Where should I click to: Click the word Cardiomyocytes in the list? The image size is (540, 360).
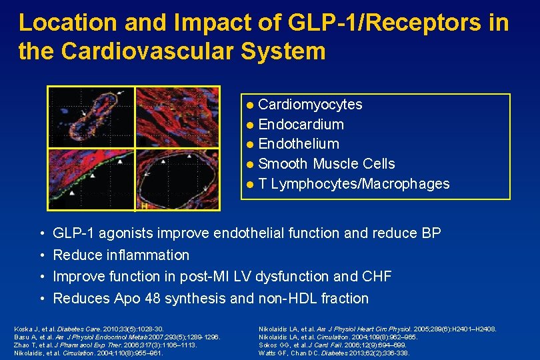pyautogui.click(x=310, y=105)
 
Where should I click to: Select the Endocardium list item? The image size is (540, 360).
pyautogui.click(x=301, y=125)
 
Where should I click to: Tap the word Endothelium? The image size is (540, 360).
pyautogui.click(x=298, y=144)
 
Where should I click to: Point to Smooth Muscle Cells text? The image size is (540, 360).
pyautogui.click(x=326, y=164)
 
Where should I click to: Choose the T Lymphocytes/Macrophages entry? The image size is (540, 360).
pyautogui.click(x=353, y=183)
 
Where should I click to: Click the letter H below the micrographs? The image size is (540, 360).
pyautogui.click(x=143, y=207)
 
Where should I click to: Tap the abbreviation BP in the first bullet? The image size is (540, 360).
pyautogui.click(x=431, y=233)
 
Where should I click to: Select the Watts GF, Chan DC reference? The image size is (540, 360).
pyautogui.click(x=333, y=353)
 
